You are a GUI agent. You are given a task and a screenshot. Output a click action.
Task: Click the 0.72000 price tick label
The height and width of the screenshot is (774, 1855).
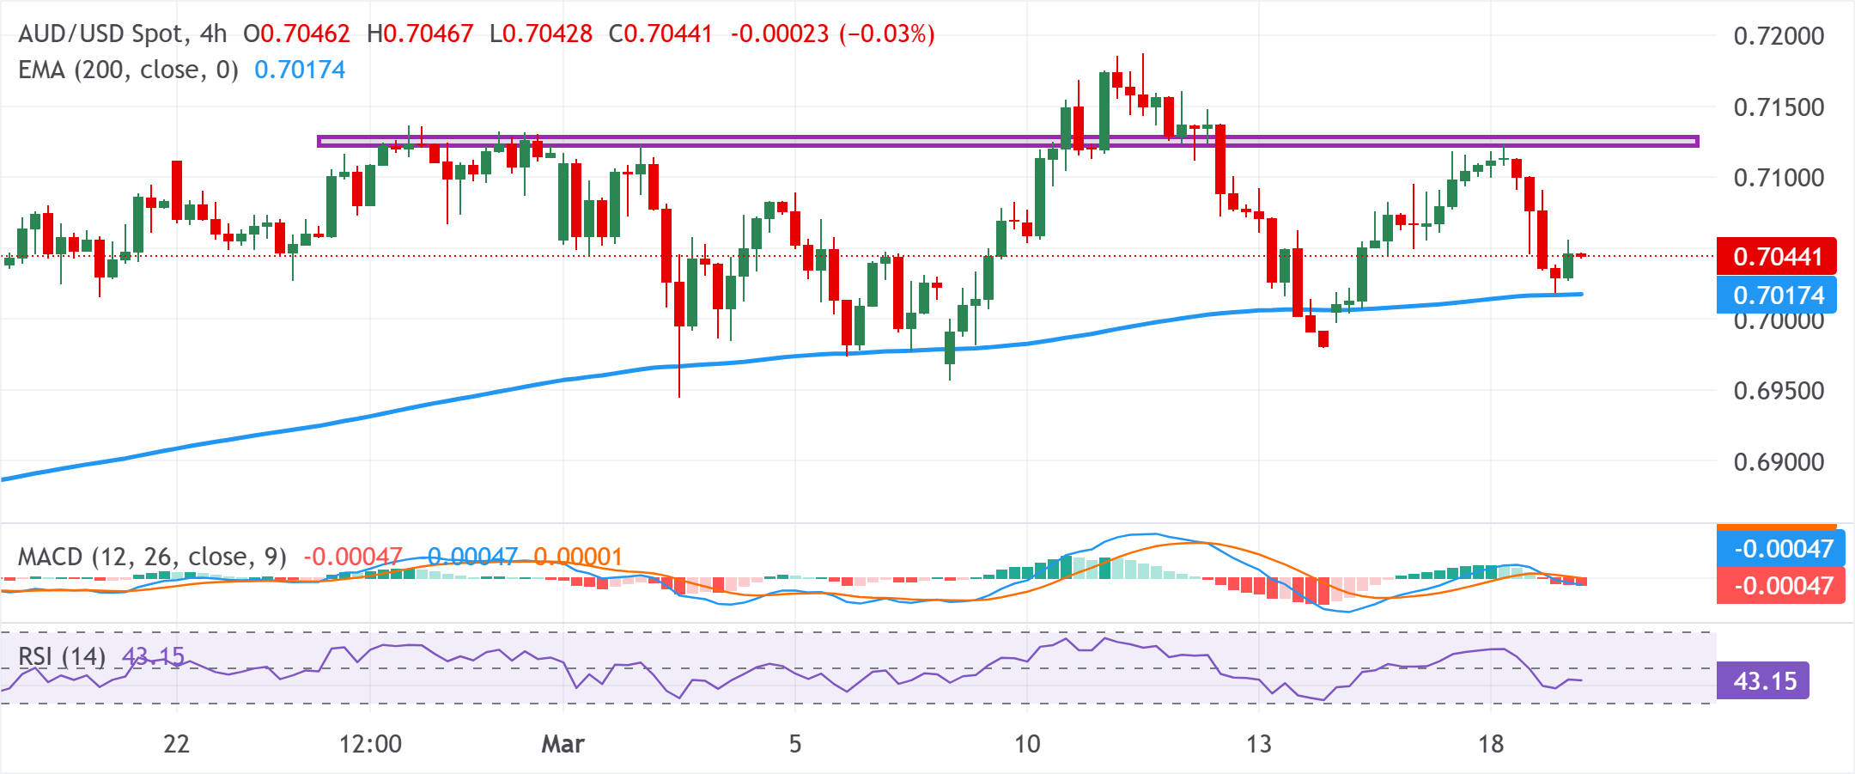click(1779, 36)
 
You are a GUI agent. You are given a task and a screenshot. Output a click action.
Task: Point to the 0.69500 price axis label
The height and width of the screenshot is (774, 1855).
click(1779, 391)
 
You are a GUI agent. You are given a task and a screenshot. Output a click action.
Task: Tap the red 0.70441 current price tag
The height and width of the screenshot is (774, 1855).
click(1776, 256)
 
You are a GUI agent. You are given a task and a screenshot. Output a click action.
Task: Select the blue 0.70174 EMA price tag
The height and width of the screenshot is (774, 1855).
click(1776, 295)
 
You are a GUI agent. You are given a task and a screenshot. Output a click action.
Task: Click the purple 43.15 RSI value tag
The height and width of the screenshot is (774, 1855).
click(1764, 681)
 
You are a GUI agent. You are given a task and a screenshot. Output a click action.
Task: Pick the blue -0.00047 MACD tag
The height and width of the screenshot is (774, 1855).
click(1781, 548)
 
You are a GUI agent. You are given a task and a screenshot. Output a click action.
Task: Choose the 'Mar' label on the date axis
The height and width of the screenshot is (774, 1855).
click(563, 744)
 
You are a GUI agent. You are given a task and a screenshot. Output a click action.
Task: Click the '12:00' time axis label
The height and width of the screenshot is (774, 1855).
click(370, 744)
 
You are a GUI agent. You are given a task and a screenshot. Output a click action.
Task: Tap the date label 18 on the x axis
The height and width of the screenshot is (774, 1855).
click(1491, 744)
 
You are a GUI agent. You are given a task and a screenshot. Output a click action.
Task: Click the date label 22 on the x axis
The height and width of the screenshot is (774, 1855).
click(176, 744)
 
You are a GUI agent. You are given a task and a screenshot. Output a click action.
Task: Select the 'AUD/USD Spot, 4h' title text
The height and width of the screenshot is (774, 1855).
click(122, 34)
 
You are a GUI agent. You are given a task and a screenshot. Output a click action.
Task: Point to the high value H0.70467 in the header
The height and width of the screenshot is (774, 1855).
click(420, 34)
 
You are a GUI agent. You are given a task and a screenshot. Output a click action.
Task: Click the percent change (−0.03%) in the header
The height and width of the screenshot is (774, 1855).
click(886, 34)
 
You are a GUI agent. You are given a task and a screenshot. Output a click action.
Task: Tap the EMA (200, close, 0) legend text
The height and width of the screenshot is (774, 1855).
click(128, 70)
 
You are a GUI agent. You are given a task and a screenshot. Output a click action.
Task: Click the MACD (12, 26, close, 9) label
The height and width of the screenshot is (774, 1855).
click(152, 557)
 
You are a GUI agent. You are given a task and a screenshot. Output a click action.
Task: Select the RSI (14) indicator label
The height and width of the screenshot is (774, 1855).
click(62, 657)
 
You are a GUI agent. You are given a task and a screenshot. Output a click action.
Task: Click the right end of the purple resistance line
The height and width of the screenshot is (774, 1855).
click(1696, 141)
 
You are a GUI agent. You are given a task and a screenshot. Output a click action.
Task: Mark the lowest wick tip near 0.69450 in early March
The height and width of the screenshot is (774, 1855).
click(679, 396)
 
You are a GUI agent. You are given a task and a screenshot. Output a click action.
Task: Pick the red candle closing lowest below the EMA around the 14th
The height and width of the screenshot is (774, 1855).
click(1323, 339)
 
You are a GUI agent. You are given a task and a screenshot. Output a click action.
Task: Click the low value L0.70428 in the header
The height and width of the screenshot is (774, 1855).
click(541, 34)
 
